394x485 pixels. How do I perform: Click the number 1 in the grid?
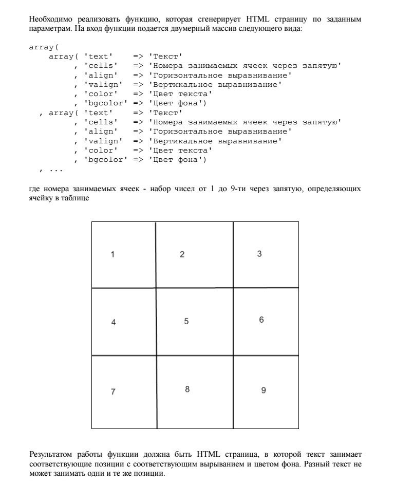[x=112, y=254]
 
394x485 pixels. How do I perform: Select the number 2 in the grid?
[x=182, y=254]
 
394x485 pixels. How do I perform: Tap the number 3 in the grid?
[x=259, y=253]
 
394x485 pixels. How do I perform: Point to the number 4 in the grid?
[x=114, y=322]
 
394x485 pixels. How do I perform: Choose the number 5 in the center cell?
[x=186, y=321]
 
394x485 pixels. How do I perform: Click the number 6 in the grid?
[x=261, y=320]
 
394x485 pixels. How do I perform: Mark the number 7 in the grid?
[x=113, y=391]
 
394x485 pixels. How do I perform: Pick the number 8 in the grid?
[x=187, y=389]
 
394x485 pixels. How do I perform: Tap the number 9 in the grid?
[x=264, y=390]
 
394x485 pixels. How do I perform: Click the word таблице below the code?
[x=77, y=198]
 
